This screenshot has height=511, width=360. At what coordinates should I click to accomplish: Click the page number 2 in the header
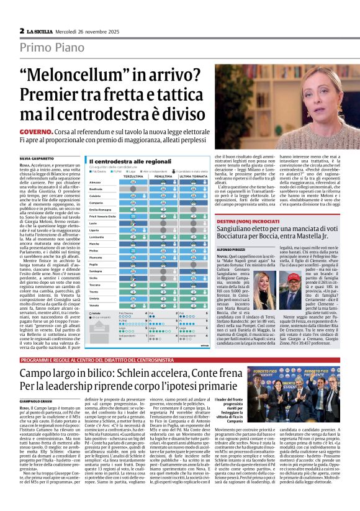(x=22, y=30)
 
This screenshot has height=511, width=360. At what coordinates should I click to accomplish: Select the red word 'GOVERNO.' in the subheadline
(x=35, y=132)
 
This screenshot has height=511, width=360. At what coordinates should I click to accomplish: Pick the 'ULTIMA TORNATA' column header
(x=192, y=176)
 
